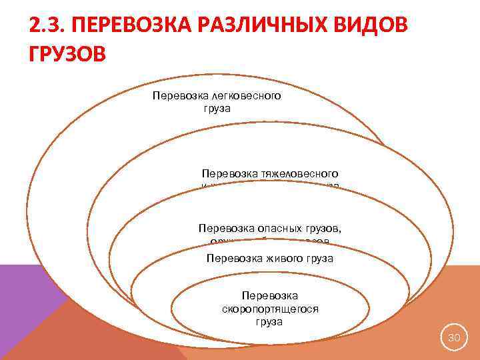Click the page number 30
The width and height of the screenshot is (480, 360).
(x=454, y=338)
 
